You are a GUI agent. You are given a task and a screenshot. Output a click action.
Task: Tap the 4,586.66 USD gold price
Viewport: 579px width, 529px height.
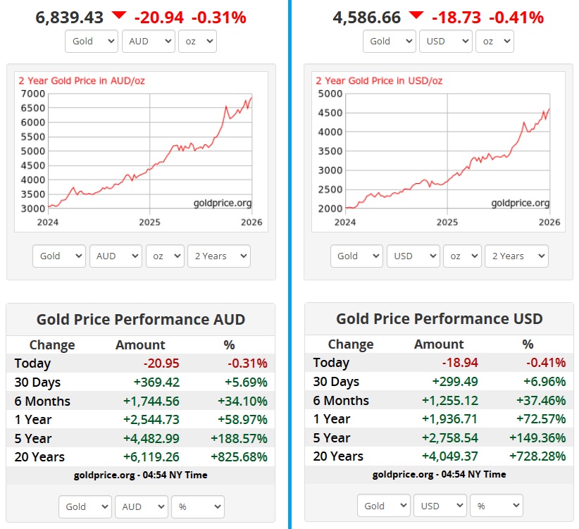(x=367, y=17)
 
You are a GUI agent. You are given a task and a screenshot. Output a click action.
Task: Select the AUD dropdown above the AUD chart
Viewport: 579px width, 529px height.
(x=148, y=41)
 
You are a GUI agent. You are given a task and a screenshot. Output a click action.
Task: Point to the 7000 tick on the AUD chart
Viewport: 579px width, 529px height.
(x=32, y=94)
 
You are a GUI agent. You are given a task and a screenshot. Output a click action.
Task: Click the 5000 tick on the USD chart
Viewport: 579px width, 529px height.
(x=330, y=94)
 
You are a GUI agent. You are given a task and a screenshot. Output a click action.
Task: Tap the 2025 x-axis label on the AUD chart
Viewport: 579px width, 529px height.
(x=150, y=222)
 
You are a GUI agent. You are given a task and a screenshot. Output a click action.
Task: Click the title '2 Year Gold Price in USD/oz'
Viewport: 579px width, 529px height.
(x=379, y=80)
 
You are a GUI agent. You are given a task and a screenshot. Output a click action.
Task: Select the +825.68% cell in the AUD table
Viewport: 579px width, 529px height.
(x=239, y=456)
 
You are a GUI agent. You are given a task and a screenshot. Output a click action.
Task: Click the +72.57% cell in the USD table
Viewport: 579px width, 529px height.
(x=538, y=419)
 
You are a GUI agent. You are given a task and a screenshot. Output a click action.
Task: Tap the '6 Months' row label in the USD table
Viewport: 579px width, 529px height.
(x=341, y=400)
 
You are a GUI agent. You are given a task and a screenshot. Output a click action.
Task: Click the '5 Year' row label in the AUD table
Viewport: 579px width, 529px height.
(x=33, y=438)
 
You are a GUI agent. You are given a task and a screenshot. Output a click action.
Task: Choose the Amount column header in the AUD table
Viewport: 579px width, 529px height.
(x=140, y=344)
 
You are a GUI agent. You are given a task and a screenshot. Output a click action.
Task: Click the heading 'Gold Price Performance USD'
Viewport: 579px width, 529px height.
(x=439, y=318)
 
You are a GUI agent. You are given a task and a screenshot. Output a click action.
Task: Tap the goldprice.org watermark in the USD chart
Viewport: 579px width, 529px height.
(x=520, y=203)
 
